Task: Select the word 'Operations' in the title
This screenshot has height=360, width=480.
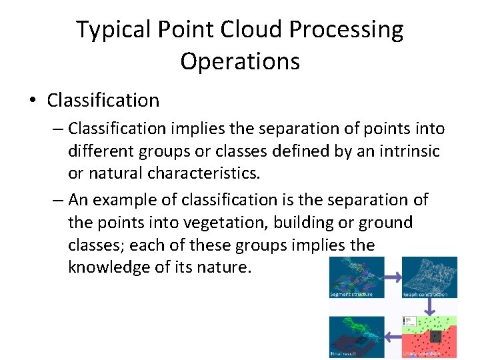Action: pyautogui.click(x=240, y=61)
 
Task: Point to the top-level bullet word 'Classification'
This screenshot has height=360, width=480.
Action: pyautogui.click(x=103, y=101)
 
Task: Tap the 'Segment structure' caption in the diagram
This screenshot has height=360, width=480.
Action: pyautogui.click(x=351, y=294)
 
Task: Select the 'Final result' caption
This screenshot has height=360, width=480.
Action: pyautogui.click(x=343, y=353)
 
